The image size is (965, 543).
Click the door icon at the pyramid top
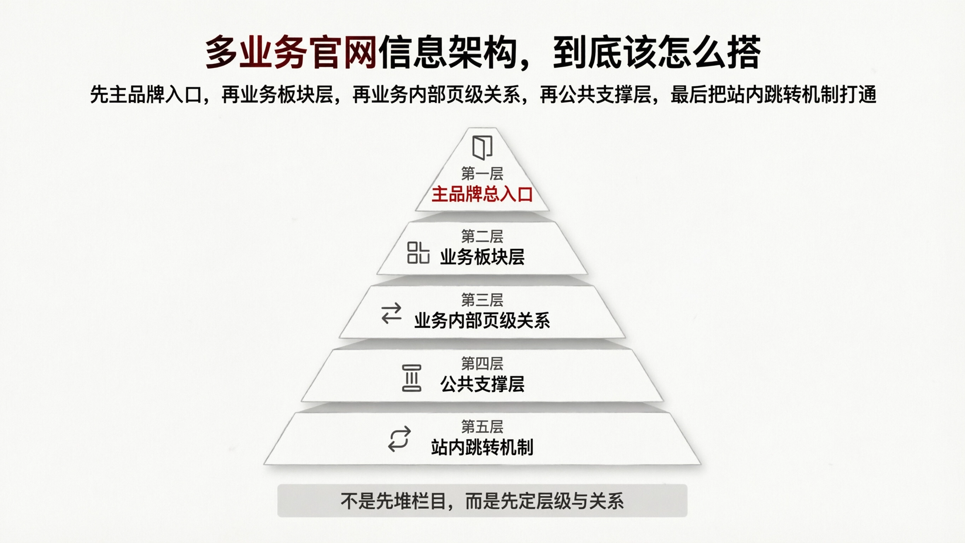point(482,148)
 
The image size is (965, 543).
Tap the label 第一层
point(482,174)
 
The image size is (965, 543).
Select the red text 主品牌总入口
point(482,194)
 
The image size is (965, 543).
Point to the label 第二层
point(482,237)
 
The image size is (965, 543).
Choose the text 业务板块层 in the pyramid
point(482,257)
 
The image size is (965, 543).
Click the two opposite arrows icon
point(391,313)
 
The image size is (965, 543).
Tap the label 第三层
point(482,300)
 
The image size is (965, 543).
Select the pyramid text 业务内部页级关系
point(482,321)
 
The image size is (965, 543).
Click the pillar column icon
point(411,378)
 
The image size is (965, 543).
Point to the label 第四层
point(482,363)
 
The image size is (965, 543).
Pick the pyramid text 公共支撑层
point(482,385)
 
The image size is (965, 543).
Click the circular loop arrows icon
point(399,439)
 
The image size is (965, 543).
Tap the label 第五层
point(482,426)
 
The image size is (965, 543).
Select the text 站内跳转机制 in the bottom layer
point(482,448)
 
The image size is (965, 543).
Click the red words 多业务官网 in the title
point(291,52)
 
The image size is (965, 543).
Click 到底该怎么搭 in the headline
point(656,52)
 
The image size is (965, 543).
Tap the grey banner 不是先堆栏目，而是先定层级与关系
point(482,501)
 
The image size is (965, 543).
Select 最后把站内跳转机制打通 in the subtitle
point(773,94)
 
